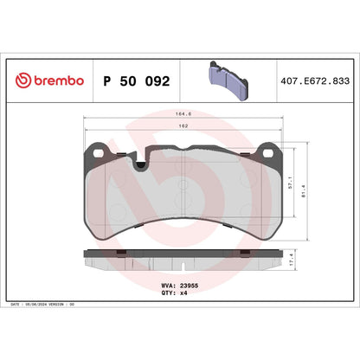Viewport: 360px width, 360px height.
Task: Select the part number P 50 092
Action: coord(137,80)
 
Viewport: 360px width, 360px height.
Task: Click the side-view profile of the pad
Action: coord(183,259)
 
